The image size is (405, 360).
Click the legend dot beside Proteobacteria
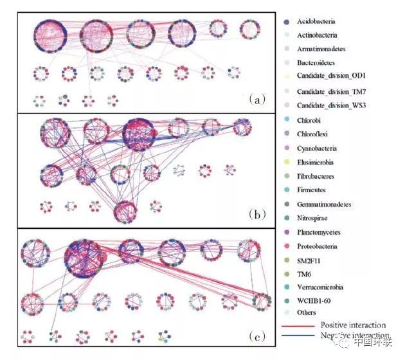(x=286, y=246)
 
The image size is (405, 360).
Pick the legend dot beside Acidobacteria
(x=286, y=21)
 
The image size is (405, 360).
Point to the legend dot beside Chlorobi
(x=286, y=120)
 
